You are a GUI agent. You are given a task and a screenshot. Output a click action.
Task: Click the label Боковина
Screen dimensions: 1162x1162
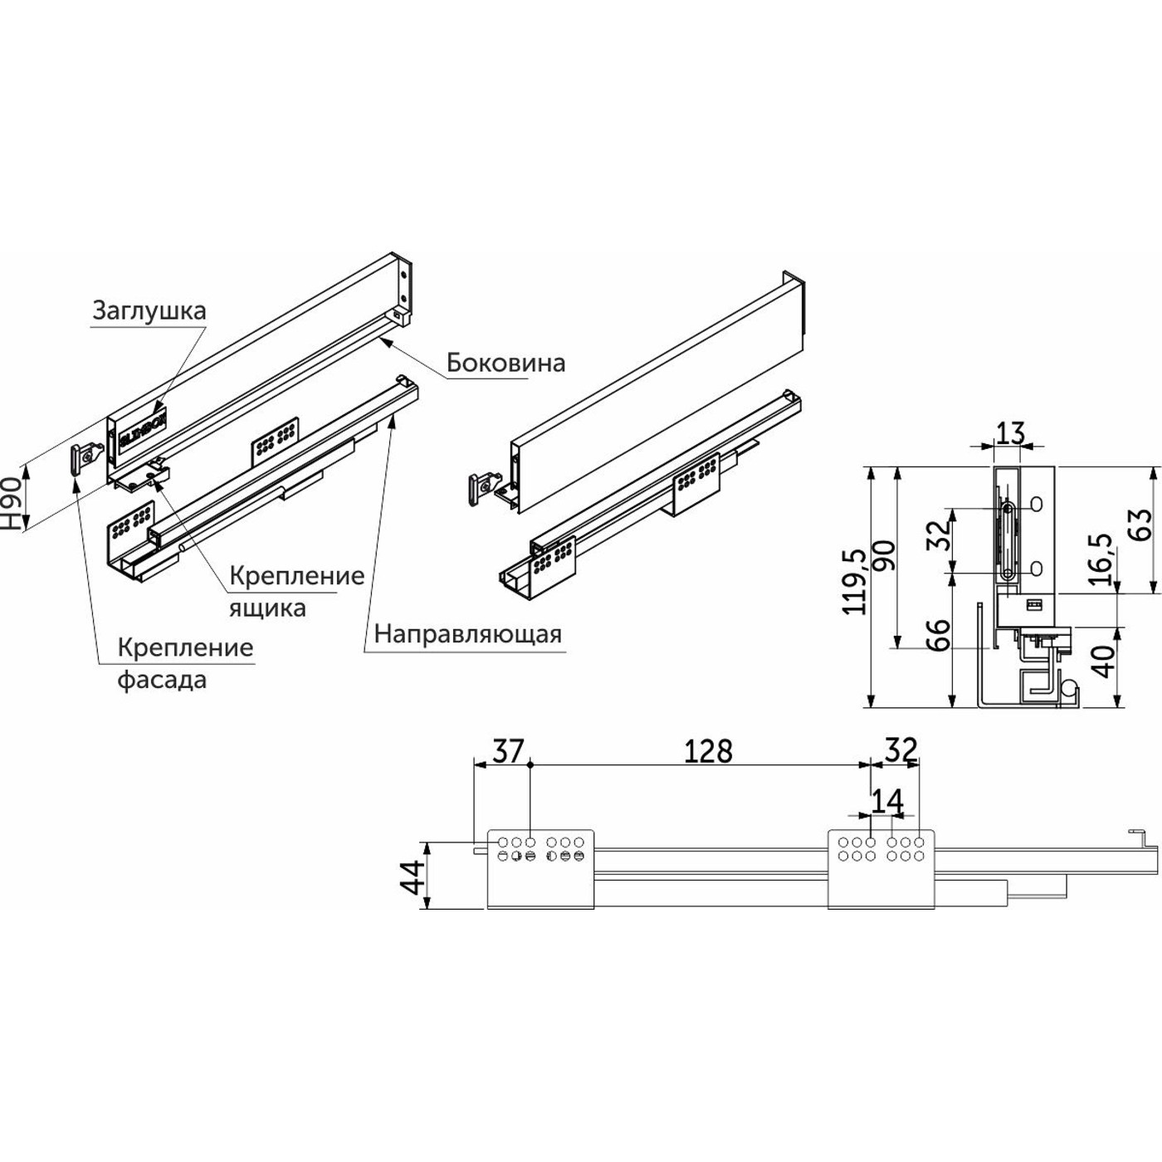(x=505, y=363)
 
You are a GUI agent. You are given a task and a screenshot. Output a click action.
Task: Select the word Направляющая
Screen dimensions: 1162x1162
(x=467, y=634)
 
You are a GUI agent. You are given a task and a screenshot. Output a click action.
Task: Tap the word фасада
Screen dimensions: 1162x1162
(x=161, y=680)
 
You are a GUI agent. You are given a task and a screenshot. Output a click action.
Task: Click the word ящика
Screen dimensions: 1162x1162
(x=267, y=608)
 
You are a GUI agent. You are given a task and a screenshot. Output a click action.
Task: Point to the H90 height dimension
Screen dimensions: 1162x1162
(x=11, y=503)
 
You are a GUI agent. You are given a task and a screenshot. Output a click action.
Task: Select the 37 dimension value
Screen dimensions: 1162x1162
(x=508, y=751)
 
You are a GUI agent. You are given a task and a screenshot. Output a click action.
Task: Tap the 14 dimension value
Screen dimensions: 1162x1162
(x=886, y=802)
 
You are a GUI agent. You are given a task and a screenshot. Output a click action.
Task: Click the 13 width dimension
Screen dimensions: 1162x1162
(x=1010, y=433)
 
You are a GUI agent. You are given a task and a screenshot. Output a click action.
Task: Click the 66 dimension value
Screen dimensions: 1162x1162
(x=937, y=635)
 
